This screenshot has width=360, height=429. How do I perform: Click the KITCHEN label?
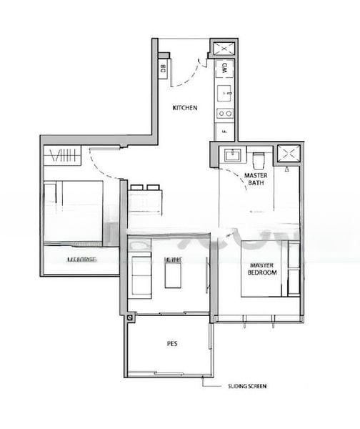[x=185, y=108]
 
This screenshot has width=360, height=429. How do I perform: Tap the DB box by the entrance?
[x=164, y=69]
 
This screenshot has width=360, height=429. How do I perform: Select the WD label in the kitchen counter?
[x=224, y=69]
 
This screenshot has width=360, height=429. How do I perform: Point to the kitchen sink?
[x=224, y=92]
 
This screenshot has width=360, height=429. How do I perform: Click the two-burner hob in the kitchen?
[x=224, y=112]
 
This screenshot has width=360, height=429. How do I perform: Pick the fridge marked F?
[x=224, y=132]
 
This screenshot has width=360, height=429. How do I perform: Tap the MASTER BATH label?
[x=256, y=179]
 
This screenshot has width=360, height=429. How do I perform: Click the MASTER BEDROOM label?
[x=261, y=269]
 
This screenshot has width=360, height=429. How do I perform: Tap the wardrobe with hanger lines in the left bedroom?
[x=64, y=155]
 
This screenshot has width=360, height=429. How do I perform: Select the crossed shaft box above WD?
[x=222, y=49]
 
